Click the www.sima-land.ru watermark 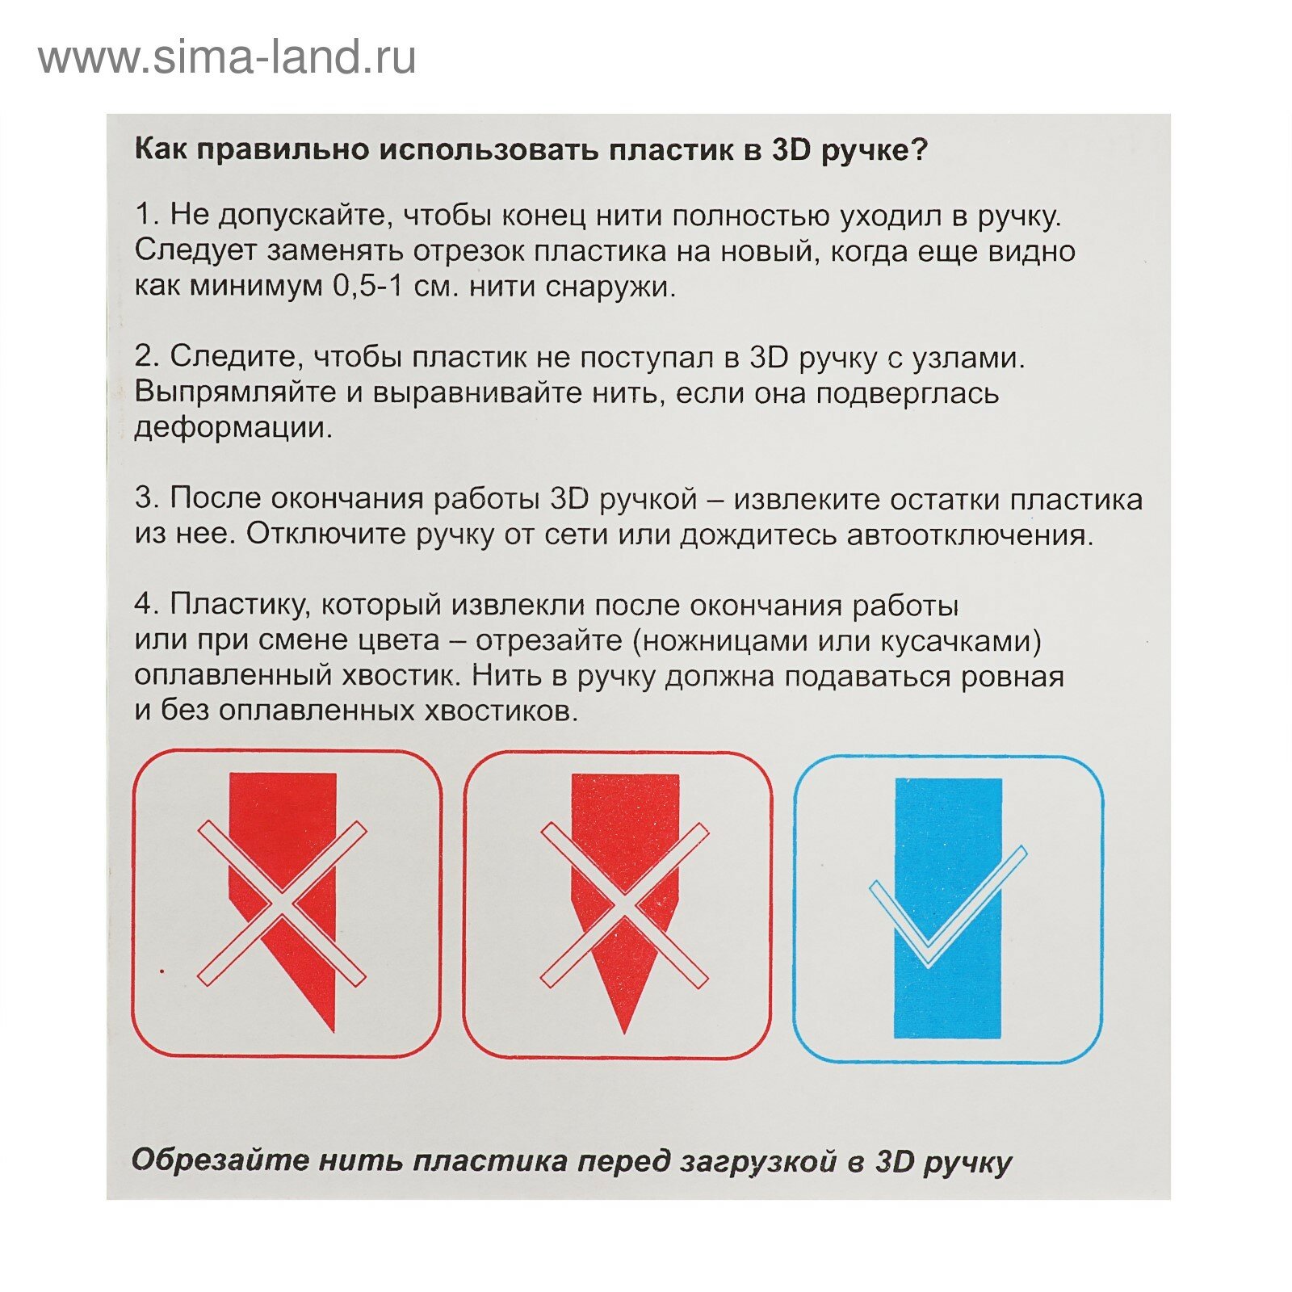pos(227,58)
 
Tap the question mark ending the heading pos(920,150)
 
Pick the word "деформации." pos(233,428)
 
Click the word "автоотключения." pos(970,535)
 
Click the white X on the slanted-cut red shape pos(282,904)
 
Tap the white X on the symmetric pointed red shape pos(624,904)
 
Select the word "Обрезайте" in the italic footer pos(220,1161)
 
